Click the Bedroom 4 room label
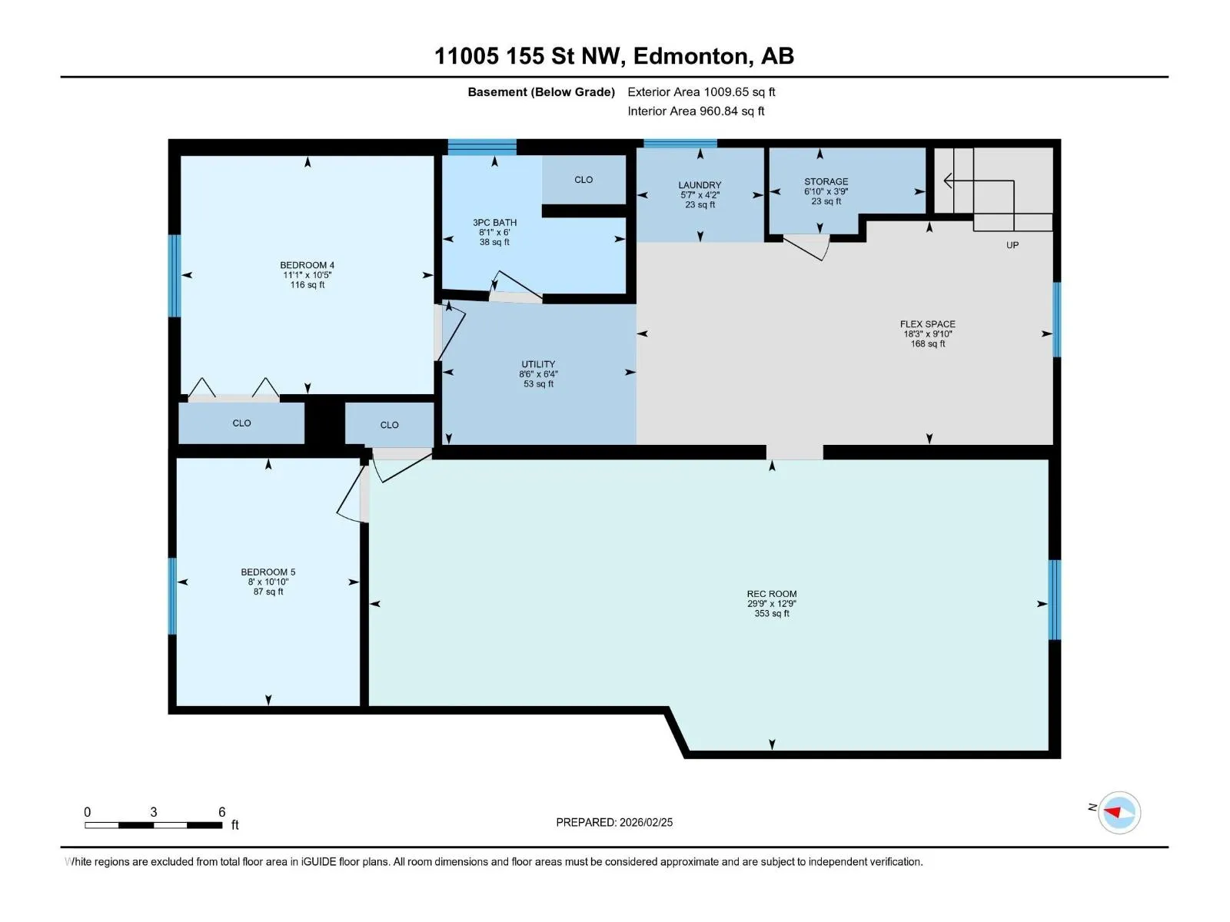(x=307, y=265)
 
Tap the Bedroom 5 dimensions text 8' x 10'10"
(x=268, y=582)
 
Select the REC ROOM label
(x=771, y=593)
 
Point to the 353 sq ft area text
(x=771, y=613)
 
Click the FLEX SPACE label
(x=927, y=323)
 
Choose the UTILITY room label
(x=538, y=364)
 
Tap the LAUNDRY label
(x=700, y=184)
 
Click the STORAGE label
(x=826, y=181)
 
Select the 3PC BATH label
(x=494, y=222)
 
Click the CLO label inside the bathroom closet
(x=583, y=180)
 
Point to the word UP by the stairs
(x=1012, y=244)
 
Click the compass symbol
(x=1119, y=812)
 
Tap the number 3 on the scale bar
(x=153, y=811)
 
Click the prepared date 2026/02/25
(x=646, y=822)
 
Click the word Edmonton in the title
(x=691, y=56)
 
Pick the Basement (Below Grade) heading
(x=541, y=91)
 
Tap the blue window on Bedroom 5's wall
(x=173, y=595)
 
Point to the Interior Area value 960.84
(x=718, y=111)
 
